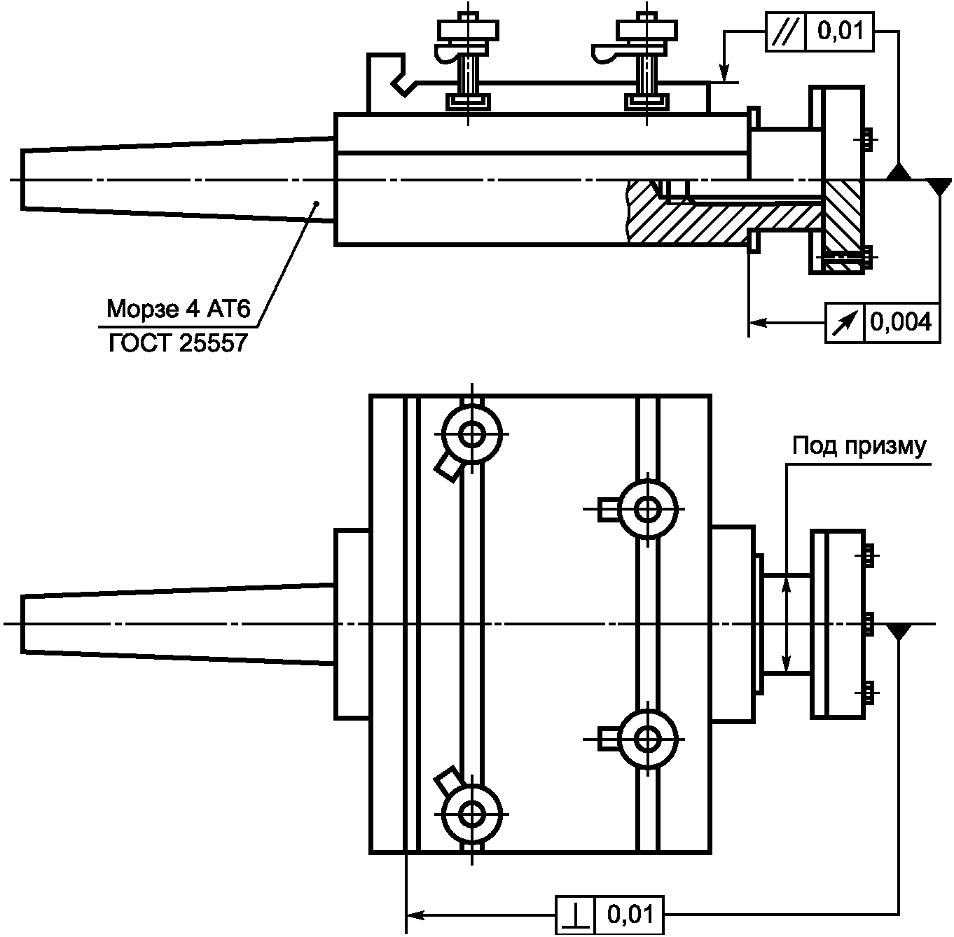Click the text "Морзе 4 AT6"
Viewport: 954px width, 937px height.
[x=179, y=309]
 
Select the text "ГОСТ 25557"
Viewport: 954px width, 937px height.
[x=178, y=343]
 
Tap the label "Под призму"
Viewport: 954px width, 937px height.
[x=859, y=447]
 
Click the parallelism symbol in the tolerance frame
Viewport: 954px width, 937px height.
[x=786, y=32]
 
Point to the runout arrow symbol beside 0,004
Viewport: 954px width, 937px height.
[x=845, y=323]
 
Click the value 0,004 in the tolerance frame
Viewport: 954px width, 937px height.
[x=901, y=323]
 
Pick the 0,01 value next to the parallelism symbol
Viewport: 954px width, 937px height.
[x=840, y=32]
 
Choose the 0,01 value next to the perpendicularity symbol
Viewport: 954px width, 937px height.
[x=630, y=915]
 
